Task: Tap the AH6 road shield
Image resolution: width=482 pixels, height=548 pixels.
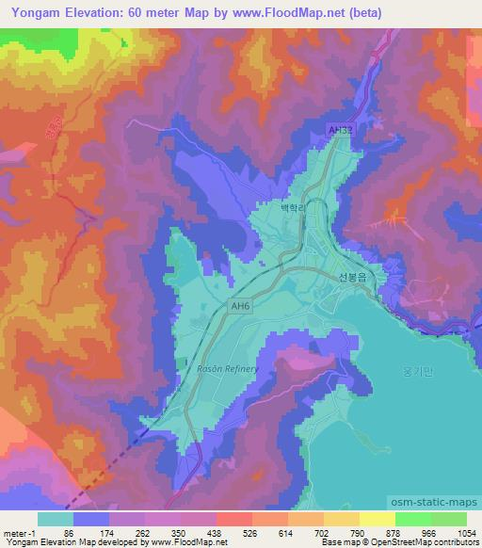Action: tap(240, 306)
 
